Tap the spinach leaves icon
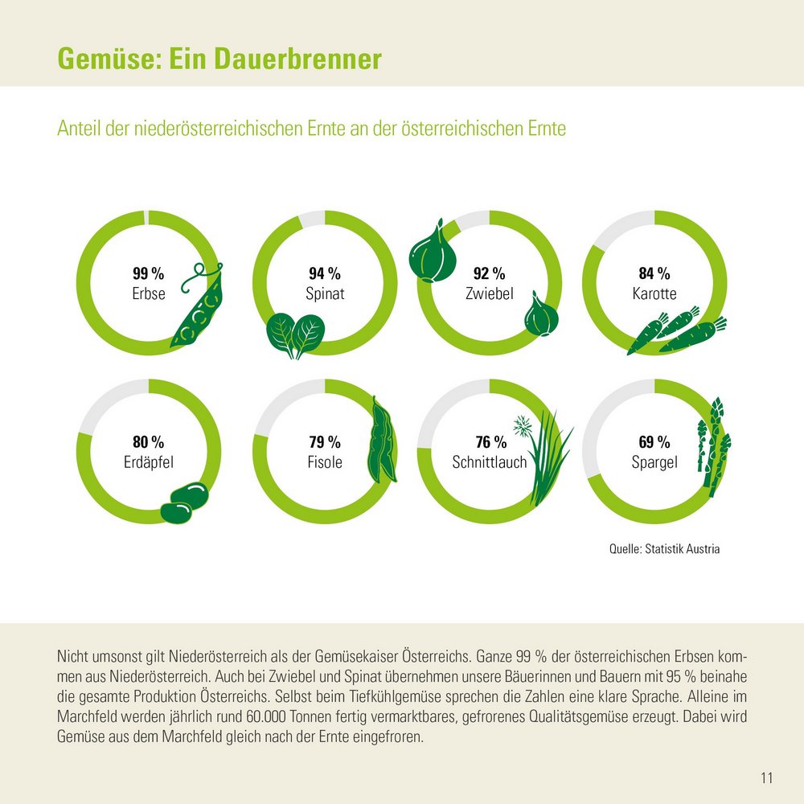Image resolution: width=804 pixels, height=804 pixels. click(x=292, y=336)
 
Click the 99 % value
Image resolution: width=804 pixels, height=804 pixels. click(x=148, y=273)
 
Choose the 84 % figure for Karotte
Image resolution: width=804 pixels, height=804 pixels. click(x=654, y=273)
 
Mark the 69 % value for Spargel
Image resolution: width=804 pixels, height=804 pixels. click(x=654, y=442)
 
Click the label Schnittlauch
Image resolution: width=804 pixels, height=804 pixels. click(x=489, y=462)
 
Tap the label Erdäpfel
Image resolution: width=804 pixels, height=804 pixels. click(x=148, y=462)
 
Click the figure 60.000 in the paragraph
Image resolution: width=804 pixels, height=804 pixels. click(x=259, y=715)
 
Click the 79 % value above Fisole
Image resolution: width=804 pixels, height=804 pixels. click(x=325, y=442)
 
